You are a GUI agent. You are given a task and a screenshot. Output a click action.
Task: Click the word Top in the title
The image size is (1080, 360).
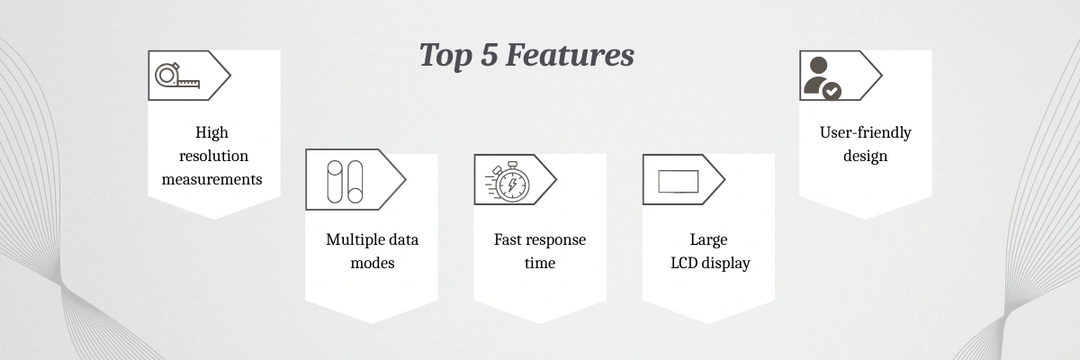[x=445, y=56]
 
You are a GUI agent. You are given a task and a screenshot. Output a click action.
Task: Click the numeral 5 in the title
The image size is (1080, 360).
[x=489, y=55]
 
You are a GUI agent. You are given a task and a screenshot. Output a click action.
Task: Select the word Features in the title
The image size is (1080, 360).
[x=570, y=55]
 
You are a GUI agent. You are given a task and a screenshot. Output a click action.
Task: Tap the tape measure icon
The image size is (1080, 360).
[x=177, y=76]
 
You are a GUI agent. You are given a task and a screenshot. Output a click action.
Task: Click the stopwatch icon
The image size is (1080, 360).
[x=508, y=182]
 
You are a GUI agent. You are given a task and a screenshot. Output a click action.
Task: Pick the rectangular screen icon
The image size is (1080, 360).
[x=679, y=182]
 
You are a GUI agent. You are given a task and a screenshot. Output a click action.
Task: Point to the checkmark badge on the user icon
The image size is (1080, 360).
[x=832, y=91]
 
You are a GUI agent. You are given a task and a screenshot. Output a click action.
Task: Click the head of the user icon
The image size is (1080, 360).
[x=819, y=65]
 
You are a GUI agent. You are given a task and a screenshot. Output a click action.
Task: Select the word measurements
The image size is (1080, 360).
[x=211, y=179]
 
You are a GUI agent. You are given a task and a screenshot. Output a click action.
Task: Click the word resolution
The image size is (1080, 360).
[x=213, y=156]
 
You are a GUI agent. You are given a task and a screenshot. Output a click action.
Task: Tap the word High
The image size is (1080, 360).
[x=211, y=132]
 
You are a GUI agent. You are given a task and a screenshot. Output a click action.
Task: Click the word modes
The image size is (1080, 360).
[x=373, y=263]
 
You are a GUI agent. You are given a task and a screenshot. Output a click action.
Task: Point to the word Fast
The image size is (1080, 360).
[x=508, y=239]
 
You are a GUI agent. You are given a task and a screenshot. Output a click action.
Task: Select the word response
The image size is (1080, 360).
[x=556, y=240]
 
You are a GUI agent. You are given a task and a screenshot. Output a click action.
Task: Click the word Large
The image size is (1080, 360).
[x=708, y=240]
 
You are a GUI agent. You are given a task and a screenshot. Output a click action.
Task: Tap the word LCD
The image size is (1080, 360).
[x=684, y=263]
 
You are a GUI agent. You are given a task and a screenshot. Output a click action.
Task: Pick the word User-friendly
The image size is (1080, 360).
[x=866, y=132]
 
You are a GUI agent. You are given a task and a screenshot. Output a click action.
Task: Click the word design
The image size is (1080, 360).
[x=866, y=156]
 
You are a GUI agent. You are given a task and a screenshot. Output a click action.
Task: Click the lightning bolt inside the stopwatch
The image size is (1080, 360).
[x=512, y=184]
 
